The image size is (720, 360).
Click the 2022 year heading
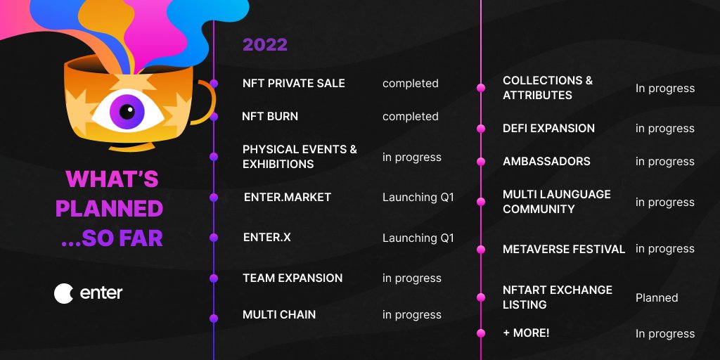[x=265, y=45]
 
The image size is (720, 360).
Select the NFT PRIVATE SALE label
[x=293, y=83]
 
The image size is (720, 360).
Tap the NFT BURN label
[x=270, y=116]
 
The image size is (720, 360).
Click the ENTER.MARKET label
[x=287, y=197]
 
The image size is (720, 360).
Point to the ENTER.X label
[x=266, y=238]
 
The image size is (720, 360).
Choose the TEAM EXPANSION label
[x=292, y=278]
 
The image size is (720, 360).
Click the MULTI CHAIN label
[x=279, y=314]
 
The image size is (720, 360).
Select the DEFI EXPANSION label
[x=548, y=128]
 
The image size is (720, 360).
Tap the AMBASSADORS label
[x=546, y=161]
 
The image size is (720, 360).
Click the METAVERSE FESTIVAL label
[x=564, y=249]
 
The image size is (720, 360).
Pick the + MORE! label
[x=526, y=333]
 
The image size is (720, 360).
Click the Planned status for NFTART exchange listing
[x=657, y=297]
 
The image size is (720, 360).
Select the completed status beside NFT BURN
[x=410, y=116]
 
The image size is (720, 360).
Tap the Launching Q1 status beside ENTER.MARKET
[x=418, y=197]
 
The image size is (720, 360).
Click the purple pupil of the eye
[x=127, y=111]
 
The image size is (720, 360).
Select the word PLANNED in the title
[x=109, y=208]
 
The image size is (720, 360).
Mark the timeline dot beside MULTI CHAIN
[x=214, y=319]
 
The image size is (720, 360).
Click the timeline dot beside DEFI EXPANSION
[x=481, y=129]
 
